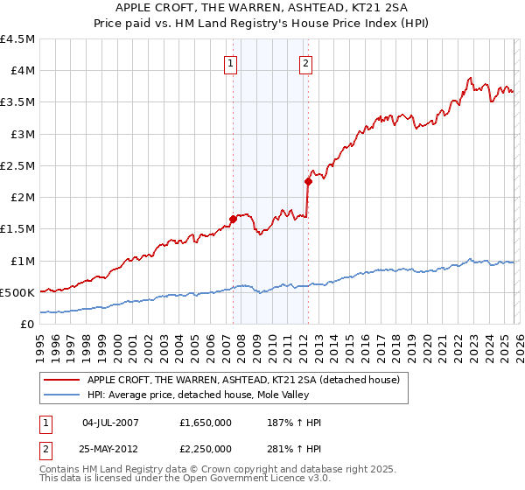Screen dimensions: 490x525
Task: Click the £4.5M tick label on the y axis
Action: pyautogui.click(x=18, y=39)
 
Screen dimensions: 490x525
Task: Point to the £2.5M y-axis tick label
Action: pyautogui.click(x=18, y=165)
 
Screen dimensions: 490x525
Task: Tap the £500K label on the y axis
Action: pyautogui.click(x=17, y=292)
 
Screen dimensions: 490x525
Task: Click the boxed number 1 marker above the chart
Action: pyautogui.click(x=230, y=63)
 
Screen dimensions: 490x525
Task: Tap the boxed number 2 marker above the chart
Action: pyautogui.click(x=306, y=63)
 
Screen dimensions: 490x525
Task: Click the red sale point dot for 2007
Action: pyautogui.click(x=233, y=220)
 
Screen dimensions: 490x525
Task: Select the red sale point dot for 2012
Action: pyautogui.click(x=308, y=182)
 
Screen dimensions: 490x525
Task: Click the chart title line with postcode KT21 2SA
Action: pyautogui.click(x=262, y=9)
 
